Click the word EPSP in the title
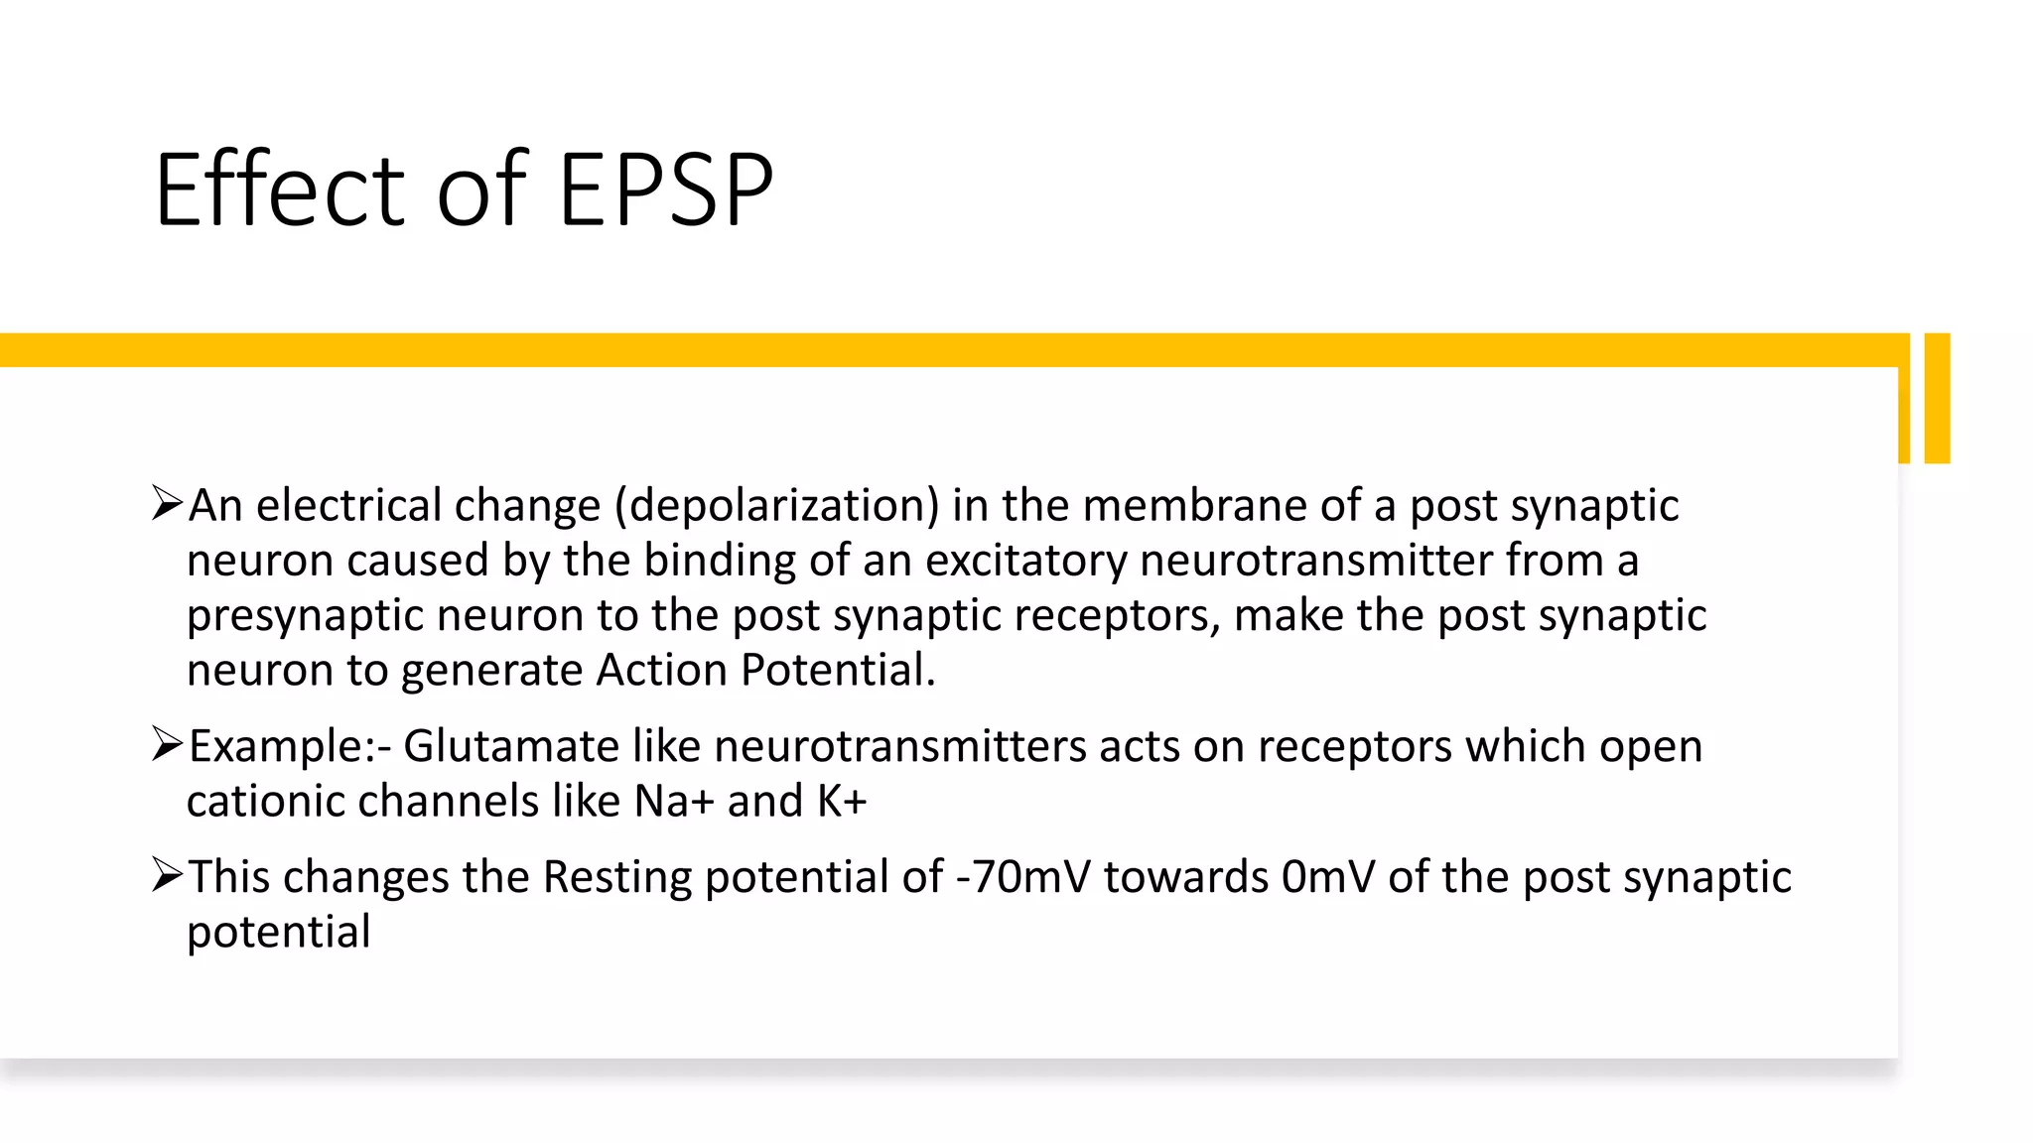click(x=665, y=190)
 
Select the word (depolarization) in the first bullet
click(x=776, y=506)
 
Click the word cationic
click(x=265, y=802)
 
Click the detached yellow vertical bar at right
click(x=1937, y=398)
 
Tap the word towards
click(x=1186, y=877)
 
